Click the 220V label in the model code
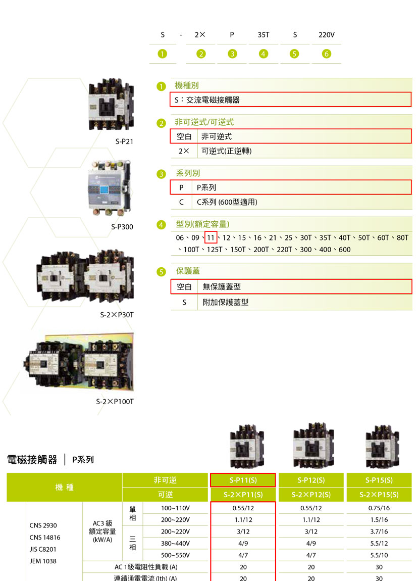pyautogui.click(x=327, y=35)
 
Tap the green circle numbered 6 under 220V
pyautogui.click(x=327, y=54)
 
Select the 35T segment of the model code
pyautogui.click(x=264, y=35)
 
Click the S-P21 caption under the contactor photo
pyautogui.click(x=124, y=141)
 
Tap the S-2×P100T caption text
pyautogui.click(x=115, y=402)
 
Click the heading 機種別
pyautogui.click(x=187, y=85)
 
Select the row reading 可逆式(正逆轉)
pyautogui.click(x=227, y=151)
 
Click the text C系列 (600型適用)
pyautogui.click(x=227, y=202)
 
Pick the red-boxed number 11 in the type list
pyautogui.click(x=211, y=238)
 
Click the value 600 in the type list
pyautogui.click(x=345, y=250)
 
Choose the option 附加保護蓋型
pyautogui.click(x=226, y=302)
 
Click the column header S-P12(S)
pyautogui.click(x=311, y=480)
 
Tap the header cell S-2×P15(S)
pyautogui.click(x=379, y=495)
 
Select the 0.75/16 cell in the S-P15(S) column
pyautogui.click(x=380, y=508)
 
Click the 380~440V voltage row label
pyautogui.click(x=176, y=544)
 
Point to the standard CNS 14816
pyautogui.click(x=45, y=538)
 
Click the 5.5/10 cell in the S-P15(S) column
pyautogui.click(x=380, y=555)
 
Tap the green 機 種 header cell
pyautogui.click(x=65, y=487)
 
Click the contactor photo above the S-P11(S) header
pyautogui.click(x=247, y=447)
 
